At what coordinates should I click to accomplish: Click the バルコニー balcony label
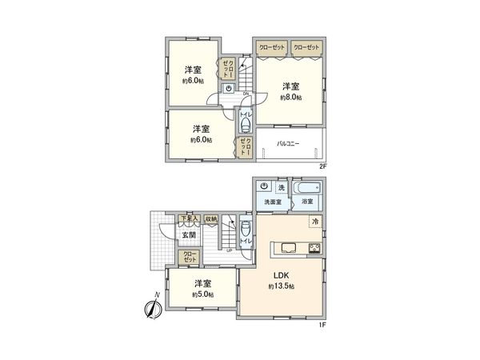point(288,145)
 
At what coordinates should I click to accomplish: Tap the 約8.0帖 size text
point(290,97)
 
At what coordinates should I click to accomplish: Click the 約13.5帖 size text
point(282,286)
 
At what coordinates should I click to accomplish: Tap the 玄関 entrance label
point(188,235)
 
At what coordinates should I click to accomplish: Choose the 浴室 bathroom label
point(307,202)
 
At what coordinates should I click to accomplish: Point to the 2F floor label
point(324,166)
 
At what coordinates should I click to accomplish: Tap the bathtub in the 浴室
point(307,189)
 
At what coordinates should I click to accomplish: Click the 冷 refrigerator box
point(315,222)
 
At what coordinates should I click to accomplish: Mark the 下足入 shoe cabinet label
point(187,218)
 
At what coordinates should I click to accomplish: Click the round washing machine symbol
point(264,188)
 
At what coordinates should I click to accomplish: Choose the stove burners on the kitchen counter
point(314,247)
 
